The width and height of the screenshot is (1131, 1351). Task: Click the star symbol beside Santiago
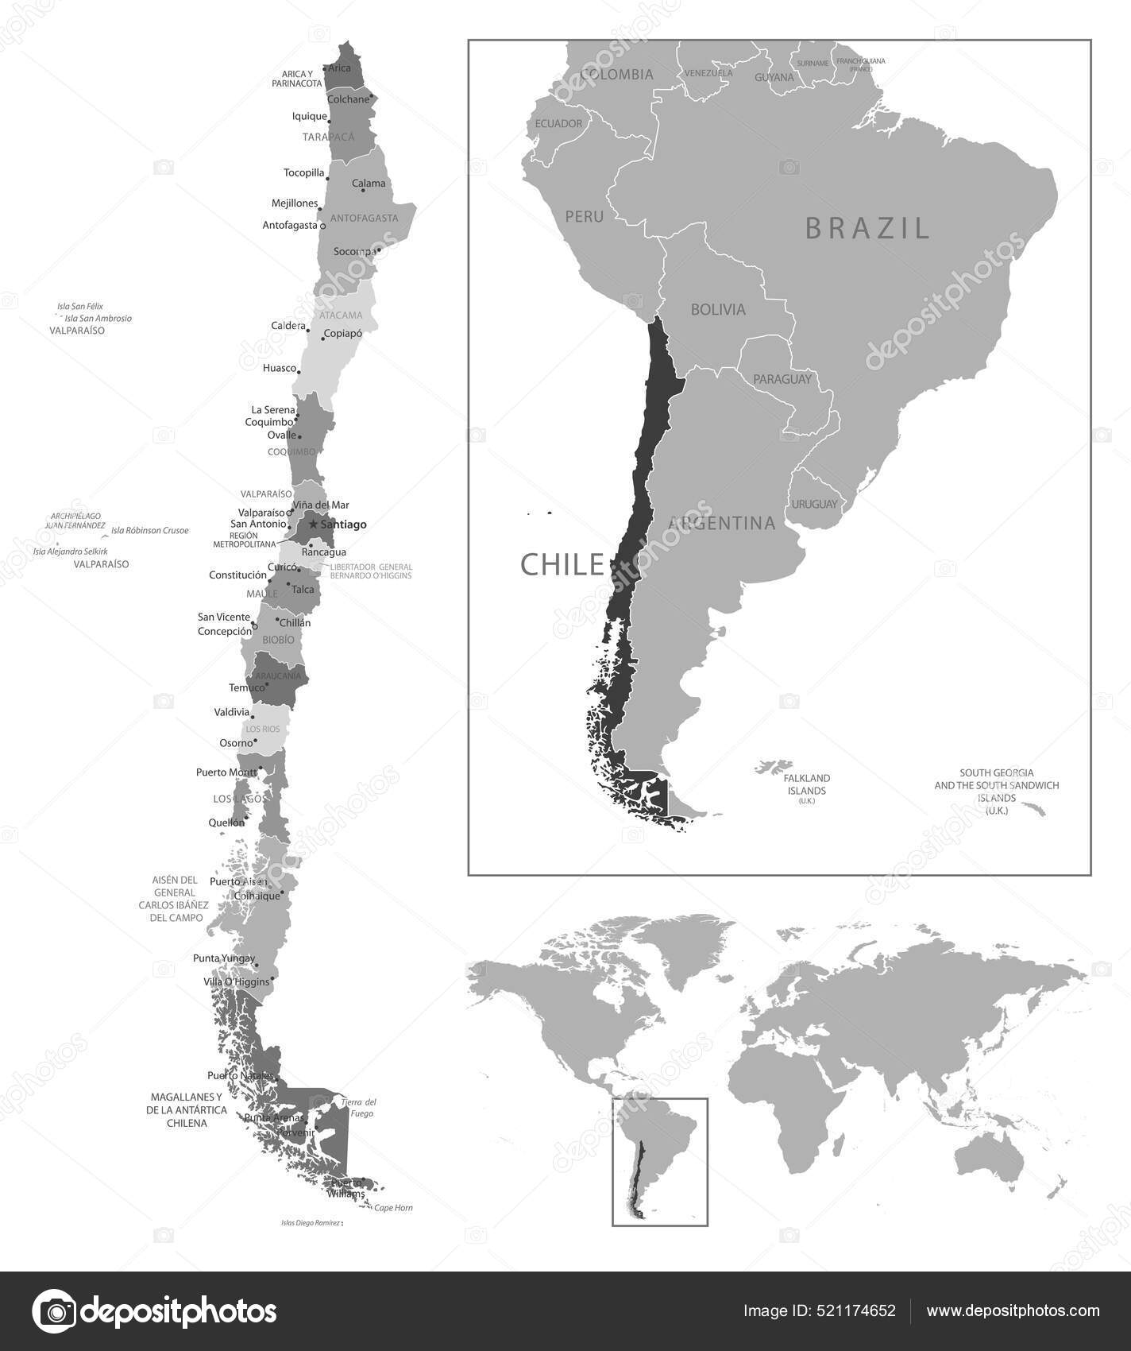point(313,525)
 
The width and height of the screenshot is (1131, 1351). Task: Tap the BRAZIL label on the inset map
point(867,228)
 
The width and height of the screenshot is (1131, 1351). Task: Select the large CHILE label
point(562,564)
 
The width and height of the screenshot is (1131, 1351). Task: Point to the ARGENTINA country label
point(721,524)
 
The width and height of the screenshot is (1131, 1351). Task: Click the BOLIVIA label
point(718,310)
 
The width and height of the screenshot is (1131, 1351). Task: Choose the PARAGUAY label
point(782,379)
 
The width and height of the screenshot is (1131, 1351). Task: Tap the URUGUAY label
point(813,504)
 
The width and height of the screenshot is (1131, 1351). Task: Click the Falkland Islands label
point(806,784)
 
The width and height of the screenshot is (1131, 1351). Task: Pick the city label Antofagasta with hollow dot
point(291,226)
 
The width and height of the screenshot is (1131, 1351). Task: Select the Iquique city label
point(310,117)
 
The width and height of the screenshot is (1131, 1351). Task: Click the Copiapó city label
point(343,334)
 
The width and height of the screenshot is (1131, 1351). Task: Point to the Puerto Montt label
point(226,772)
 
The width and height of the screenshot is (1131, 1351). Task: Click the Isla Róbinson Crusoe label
point(150,530)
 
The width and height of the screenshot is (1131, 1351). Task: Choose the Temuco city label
point(247,687)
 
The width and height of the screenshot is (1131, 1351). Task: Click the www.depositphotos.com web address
point(1013,1310)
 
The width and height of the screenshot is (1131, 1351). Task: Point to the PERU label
point(584,216)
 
